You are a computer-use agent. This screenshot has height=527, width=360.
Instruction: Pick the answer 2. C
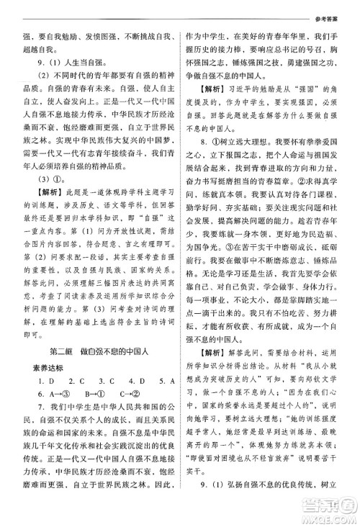76,395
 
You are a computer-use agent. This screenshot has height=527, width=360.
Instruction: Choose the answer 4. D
135,395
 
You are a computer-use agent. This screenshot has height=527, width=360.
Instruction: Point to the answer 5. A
164,395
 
